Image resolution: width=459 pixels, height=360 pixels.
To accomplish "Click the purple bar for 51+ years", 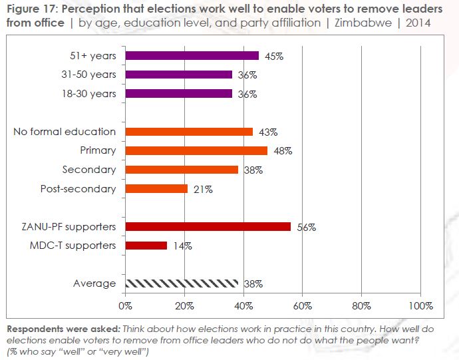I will point(192,56).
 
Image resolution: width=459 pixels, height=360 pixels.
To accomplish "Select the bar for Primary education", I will point(196,150).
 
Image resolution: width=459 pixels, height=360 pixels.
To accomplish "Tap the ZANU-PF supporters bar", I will point(208,226).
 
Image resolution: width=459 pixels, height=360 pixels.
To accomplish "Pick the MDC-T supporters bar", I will point(146,246).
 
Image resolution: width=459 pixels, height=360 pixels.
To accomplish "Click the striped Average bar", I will point(181,283).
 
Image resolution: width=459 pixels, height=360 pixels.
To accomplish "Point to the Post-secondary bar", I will point(156,189).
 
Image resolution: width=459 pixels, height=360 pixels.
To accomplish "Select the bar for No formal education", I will point(189,132).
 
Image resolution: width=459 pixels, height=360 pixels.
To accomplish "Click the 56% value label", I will point(306,227).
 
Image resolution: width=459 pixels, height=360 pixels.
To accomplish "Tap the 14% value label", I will point(182,246).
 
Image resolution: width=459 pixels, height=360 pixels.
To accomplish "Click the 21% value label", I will point(202,190).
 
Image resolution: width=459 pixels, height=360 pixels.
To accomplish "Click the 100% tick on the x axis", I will point(421,306).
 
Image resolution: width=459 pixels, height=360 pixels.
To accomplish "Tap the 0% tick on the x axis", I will point(124,306).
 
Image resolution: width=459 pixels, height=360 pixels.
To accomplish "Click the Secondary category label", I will point(89,170).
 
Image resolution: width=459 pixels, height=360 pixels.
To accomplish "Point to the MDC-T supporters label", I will point(73,246).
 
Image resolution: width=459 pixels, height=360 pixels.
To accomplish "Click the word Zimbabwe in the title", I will point(369,23).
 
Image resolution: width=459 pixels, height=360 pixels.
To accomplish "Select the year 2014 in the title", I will point(416,23).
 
